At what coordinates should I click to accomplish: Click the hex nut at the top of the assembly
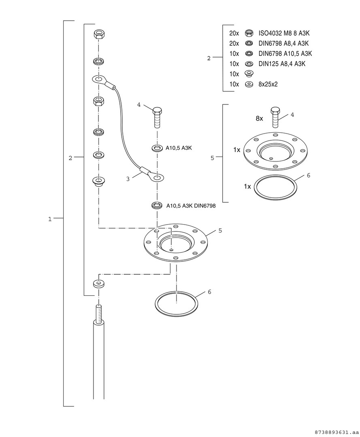[x=99, y=34]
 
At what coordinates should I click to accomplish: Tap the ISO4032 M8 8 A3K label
[x=284, y=34]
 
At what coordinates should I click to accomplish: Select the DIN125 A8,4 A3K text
[x=281, y=64]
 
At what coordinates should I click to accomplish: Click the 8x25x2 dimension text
[x=268, y=84]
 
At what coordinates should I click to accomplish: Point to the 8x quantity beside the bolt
[x=259, y=119]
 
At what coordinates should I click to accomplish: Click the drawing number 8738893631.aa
[x=337, y=432]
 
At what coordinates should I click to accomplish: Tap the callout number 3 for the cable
[x=128, y=179]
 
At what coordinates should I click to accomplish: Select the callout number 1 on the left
[x=50, y=219]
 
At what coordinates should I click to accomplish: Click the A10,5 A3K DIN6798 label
[x=191, y=206]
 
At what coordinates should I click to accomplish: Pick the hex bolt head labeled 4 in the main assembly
[x=157, y=110]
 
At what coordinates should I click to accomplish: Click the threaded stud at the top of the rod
[x=99, y=314]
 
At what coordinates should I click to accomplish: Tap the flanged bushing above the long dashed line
[x=98, y=181]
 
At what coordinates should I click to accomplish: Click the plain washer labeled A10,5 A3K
[x=158, y=148]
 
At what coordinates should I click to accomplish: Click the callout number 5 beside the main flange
[x=220, y=231]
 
